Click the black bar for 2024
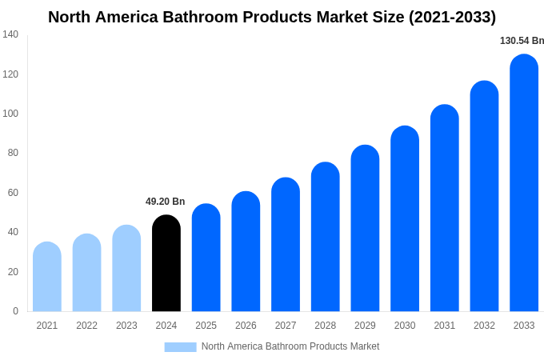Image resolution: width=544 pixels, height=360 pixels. click(x=166, y=264)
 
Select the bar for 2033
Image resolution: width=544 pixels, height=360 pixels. click(x=524, y=184)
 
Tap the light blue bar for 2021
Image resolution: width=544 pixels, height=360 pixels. click(x=47, y=278)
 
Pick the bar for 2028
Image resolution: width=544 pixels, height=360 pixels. click(x=326, y=238)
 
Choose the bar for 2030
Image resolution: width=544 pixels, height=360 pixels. click(x=405, y=219)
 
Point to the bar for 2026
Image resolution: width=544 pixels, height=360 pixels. click(x=246, y=252)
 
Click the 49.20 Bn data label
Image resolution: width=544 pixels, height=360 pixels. click(x=165, y=202)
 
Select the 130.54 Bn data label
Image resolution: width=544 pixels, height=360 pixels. click(x=522, y=41)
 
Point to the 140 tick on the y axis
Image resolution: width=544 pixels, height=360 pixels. click(x=10, y=34)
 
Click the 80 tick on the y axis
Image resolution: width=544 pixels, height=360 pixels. click(x=13, y=153)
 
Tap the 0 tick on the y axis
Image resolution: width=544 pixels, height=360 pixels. click(x=15, y=311)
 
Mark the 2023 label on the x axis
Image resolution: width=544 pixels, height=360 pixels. click(x=126, y=326)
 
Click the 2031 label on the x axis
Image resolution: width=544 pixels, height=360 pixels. click(x=445, y=326)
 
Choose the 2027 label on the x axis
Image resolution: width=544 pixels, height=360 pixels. click(x=286, y=326)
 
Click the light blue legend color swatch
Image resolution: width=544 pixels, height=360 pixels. click(x=180, y=346)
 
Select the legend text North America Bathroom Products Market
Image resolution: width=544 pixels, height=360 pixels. click(x=290, y=346)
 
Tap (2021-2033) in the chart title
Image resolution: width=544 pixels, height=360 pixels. click(x=452, y=17)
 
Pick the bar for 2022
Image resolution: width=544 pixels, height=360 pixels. click(x=87, y=274)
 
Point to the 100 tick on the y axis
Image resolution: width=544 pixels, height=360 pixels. click(x=10, y=114)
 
